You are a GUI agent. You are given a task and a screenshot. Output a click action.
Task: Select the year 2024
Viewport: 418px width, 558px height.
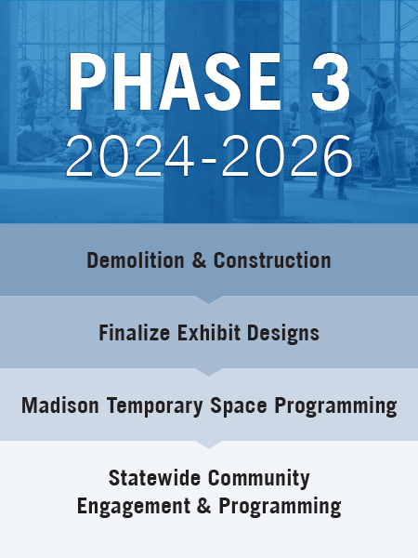(130, 155)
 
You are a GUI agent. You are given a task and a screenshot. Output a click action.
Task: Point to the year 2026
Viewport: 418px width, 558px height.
(286, 155)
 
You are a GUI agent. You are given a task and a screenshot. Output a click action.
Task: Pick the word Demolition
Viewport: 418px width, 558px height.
(136, 260)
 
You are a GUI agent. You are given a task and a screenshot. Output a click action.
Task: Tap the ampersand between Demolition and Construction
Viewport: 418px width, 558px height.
(199, 260)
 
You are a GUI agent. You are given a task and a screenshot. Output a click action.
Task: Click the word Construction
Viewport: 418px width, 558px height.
(272, 260)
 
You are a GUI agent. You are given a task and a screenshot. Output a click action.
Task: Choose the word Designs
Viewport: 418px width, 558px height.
(283, 334)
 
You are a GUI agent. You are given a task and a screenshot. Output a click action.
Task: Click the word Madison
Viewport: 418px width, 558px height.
(60, 405)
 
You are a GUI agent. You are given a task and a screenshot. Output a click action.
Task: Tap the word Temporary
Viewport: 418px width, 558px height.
(154, 406)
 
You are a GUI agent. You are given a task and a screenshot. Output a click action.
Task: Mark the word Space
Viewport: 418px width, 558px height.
(239, 406)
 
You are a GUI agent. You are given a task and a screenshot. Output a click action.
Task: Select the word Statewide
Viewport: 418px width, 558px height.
(154, 478)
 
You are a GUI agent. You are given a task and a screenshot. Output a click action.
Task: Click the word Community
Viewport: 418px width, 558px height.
(259, 478)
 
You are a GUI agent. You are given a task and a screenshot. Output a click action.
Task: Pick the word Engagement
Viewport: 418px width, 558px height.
(133, 507)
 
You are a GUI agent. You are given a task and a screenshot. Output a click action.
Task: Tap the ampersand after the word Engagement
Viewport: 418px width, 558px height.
(203, 506)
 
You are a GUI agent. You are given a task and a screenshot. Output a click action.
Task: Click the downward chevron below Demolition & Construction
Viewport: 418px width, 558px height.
(209, 299)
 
